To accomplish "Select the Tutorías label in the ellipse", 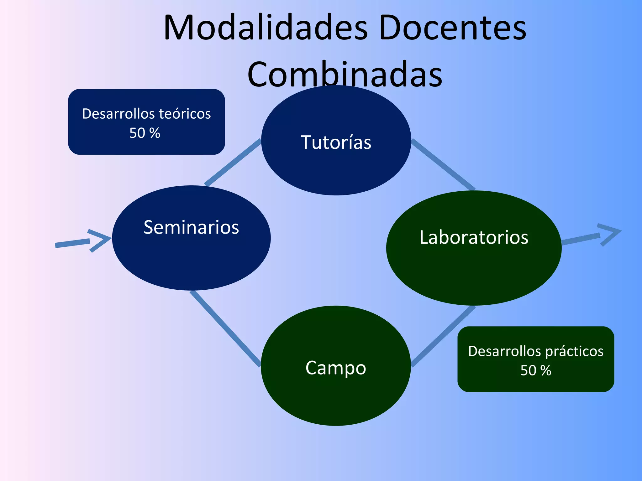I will point(336,142).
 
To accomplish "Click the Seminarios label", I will point(191,227).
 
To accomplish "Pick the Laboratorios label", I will point(474,237).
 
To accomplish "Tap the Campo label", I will point(336,368).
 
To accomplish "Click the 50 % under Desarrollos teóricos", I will point(145,133).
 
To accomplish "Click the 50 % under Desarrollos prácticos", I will point(536,370).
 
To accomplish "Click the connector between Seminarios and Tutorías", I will point(233,162).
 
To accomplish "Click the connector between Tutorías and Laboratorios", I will point(443,164).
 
